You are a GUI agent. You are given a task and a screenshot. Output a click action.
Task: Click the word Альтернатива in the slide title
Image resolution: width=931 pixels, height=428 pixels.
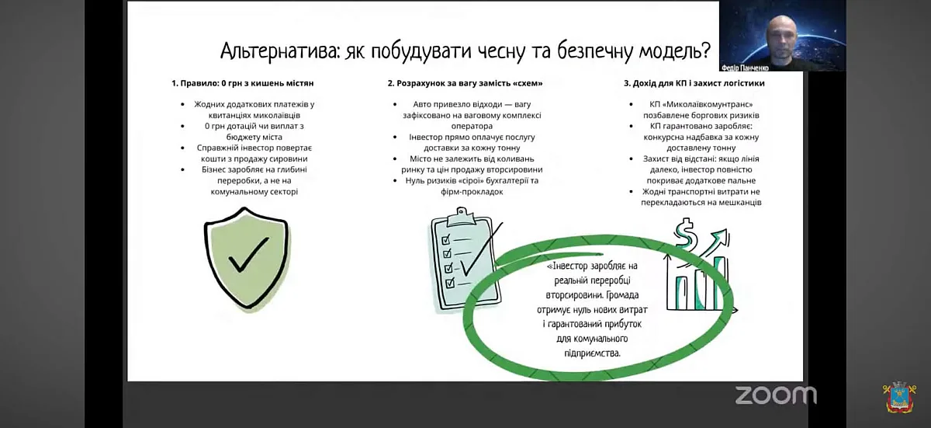[x=280, y=51]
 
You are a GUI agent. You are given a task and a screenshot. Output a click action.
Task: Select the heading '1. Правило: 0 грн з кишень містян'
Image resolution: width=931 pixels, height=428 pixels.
[x=243, y=83]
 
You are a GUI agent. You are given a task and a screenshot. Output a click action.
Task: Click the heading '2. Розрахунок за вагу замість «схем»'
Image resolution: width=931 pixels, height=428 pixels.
[x=465, y=83]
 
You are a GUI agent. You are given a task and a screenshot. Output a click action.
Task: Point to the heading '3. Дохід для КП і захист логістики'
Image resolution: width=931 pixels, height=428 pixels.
[x=694, y=83]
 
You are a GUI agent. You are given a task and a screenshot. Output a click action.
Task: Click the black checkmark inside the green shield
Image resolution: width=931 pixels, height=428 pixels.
[x=248, y=255]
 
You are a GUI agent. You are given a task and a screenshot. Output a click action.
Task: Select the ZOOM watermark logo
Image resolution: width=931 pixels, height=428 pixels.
[x=776, y=395]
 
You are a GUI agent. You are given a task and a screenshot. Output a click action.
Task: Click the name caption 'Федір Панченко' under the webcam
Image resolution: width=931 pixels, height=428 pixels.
[x=745, y=68]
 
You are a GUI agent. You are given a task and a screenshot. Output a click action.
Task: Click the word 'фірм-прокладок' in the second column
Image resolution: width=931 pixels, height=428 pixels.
[x=472, y=192]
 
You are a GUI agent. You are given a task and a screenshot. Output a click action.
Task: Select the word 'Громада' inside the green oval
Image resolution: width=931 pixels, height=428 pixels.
[x=622, y=295]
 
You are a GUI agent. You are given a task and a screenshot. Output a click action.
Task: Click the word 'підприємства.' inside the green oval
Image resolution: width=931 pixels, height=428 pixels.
[x=592, y=353]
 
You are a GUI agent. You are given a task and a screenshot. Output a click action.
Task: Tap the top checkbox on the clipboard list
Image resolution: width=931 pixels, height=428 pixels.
[x=446, y=239]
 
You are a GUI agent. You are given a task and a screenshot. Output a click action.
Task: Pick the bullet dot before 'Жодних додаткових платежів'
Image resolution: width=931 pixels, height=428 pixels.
[x=183, y=104]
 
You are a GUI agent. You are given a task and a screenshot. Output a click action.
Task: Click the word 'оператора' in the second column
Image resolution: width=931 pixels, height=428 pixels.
[x=472, y=126]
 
